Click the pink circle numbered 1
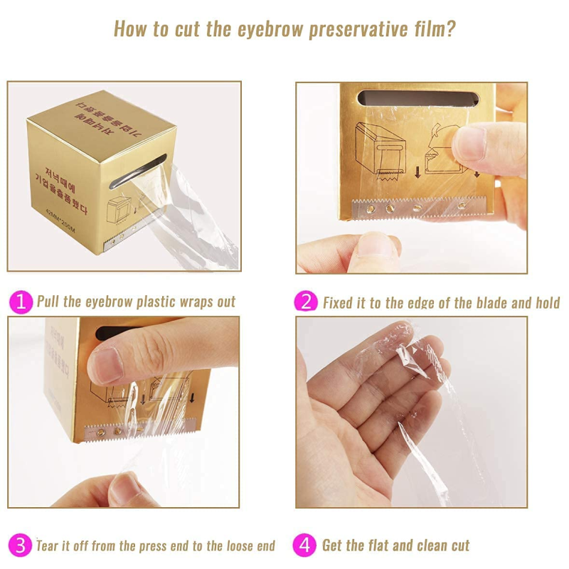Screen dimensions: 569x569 (21, 302)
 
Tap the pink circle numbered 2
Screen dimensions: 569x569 (306, 302)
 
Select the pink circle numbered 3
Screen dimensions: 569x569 (21, 546)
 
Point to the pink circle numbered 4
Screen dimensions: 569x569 (306, 546)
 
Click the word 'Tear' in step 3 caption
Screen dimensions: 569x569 (48, 546)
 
